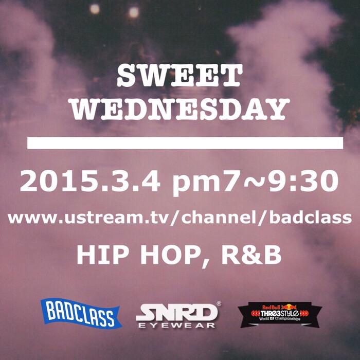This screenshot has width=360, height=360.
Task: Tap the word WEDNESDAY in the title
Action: pyautogui.click(x=179, y=109)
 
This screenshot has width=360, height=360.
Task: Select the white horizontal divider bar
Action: pyautogui.click(x=185, y=143)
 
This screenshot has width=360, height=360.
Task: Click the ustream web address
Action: pyautogui.click(x=179, y=218)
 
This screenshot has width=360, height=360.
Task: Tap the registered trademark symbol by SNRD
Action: pyautogui.click(x=219, y=304)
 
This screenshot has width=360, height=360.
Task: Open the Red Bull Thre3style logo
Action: pyautogui.click(x=279, y=315)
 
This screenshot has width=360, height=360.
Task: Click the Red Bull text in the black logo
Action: pyautogui.click(x=271, y=306)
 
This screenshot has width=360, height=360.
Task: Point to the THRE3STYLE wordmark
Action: pyautogui.click(x=279, y=314)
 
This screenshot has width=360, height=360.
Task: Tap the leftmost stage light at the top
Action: pyautogui.click(x=94, y=8)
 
